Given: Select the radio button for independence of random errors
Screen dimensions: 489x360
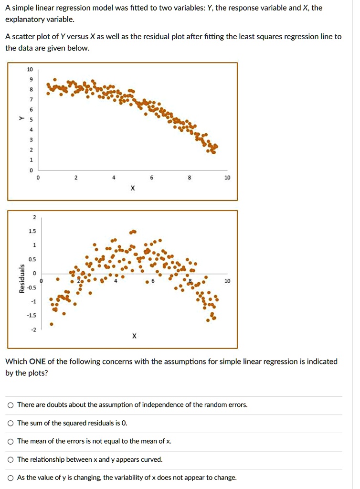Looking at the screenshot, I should click(x=11, y=405).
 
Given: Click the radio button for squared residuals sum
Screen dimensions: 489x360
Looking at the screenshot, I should click(x=11, y=423).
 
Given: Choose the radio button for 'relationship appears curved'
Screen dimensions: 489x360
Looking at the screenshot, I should click(x=11, y=459).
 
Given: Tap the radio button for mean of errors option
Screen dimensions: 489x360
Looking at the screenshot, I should click(x=11, y=441).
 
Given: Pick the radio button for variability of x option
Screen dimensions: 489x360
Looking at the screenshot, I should click(x=11, y=478).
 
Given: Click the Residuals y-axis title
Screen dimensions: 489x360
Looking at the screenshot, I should click(x=21, y=279).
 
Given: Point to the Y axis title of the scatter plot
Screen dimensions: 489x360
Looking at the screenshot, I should click(x=21, y=118).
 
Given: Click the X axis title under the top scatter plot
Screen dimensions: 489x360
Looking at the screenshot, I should click(x=132, y=188).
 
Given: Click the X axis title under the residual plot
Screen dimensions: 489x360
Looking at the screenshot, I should click(x=134, y=336).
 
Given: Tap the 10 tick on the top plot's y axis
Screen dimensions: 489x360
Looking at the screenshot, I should click(x=31, y=69).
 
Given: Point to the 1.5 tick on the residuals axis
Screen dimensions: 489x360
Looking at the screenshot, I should click(x=32, y=231).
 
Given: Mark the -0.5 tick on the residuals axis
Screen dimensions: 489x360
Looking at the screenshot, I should click(x=32, y=287).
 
